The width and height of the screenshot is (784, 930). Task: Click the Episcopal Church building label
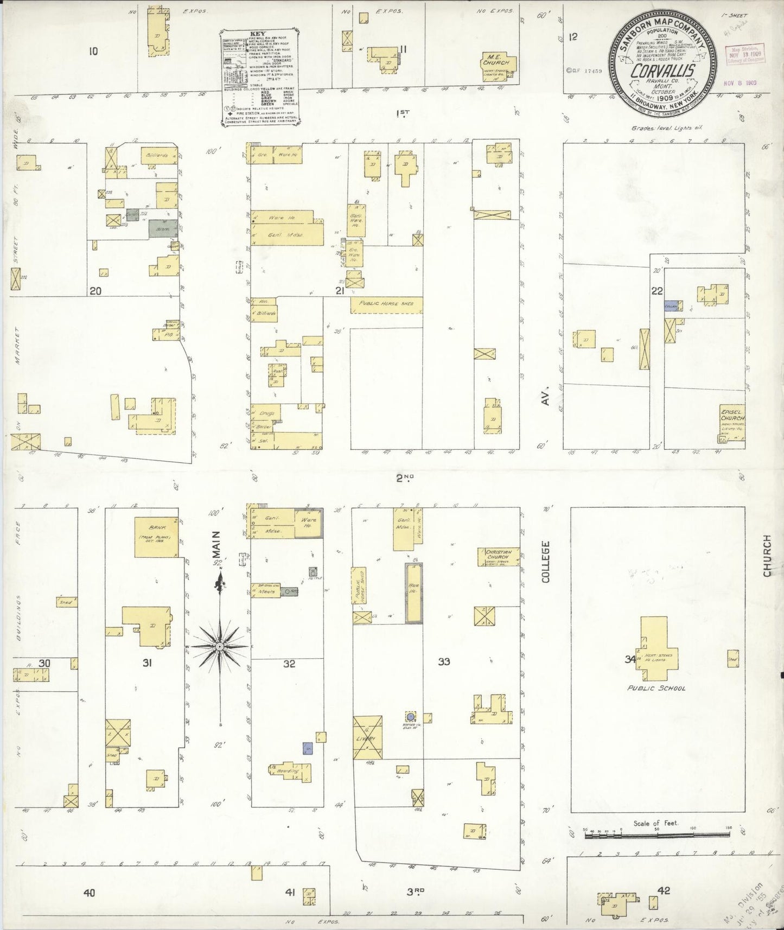(732, 415)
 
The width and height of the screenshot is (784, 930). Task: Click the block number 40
(89, 892)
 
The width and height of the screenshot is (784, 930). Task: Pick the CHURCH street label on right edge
(767, 555)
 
